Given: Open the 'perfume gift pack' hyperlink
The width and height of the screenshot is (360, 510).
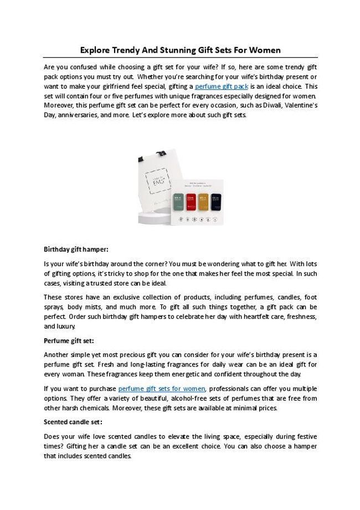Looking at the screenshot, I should coord(221,87).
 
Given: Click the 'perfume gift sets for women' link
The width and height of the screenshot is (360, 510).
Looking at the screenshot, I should coord(162,389).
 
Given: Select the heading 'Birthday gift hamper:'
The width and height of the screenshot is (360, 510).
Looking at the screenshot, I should coord(76,249).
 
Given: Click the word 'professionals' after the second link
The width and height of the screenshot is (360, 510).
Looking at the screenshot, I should coord(232,389).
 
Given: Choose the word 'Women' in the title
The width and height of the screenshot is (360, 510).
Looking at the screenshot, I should coord(264,50).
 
